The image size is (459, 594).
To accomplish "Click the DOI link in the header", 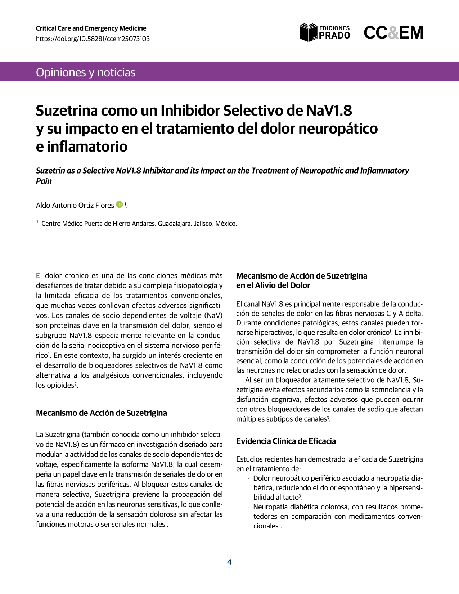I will [x=93, y=39].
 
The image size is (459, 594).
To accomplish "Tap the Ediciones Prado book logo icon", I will [x=308, y=32].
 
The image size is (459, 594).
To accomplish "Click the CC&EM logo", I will [x=393, y=33].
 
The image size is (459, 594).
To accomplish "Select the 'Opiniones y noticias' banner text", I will [x=86, y=72].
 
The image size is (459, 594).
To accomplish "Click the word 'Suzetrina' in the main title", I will [x=67, y=111].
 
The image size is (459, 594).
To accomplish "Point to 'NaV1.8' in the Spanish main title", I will [x=329, y=111].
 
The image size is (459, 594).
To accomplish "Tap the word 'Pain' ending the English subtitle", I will [x=44, y=181].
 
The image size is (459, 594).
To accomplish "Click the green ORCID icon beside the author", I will [x=120, y=204].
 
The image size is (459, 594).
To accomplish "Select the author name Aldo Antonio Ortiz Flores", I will [x=75, y=205].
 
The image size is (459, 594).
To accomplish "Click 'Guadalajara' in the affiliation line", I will [x=174, y=224].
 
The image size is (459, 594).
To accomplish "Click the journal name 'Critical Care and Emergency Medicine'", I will [x=91, y=28].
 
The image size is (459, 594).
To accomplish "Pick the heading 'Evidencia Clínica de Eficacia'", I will [x=286, y=441].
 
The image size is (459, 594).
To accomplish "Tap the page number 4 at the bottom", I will [x=229, y=562].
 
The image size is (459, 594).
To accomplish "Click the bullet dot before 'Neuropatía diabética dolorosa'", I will [x=248, y=507].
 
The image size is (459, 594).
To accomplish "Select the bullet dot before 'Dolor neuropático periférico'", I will [x=248, y=478].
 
